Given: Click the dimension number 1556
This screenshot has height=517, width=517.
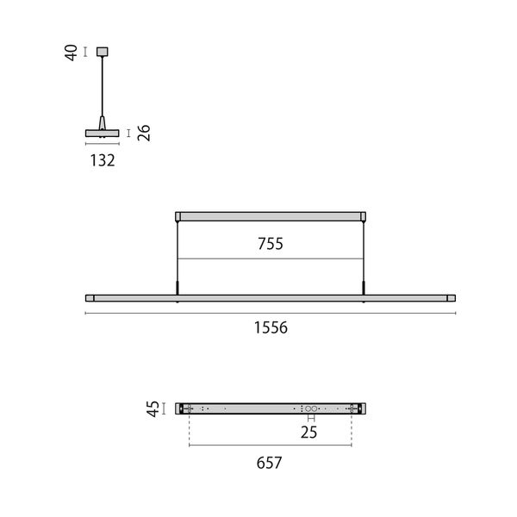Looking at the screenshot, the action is click(271, 327).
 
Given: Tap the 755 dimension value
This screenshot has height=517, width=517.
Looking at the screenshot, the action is click(271, 244).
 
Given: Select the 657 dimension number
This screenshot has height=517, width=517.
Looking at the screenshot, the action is click(269, 463).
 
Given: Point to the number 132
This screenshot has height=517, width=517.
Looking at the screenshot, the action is click(103, 160).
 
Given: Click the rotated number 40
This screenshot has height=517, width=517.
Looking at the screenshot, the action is click(71, 53).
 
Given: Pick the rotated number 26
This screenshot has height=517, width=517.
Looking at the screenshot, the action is click(144, 133).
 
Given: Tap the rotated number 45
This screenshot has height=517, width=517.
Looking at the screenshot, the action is click(153, 408).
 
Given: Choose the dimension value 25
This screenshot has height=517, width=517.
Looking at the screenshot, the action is click(309, 433).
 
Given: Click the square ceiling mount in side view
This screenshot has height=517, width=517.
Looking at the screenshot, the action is click(103, 52).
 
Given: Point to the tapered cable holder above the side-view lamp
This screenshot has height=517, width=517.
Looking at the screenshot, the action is click(103, 123).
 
